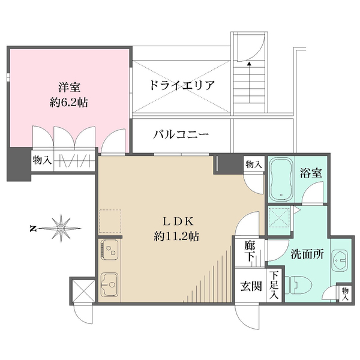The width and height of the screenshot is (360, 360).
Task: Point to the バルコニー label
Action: (x=181, y=134)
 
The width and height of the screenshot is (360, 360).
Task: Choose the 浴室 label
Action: (x=311, y=172)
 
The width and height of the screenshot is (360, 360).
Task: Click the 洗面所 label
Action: (x=308, y=254)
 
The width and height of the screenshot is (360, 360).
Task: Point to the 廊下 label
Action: (x=250, y=250)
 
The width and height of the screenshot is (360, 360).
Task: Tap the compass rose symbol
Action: (x=61, y=227)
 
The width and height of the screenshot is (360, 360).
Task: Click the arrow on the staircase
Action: (x=248, y=62)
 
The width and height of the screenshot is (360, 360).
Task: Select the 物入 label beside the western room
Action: (x=42, y=161)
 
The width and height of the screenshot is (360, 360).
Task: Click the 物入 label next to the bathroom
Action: (x=254, y=164)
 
